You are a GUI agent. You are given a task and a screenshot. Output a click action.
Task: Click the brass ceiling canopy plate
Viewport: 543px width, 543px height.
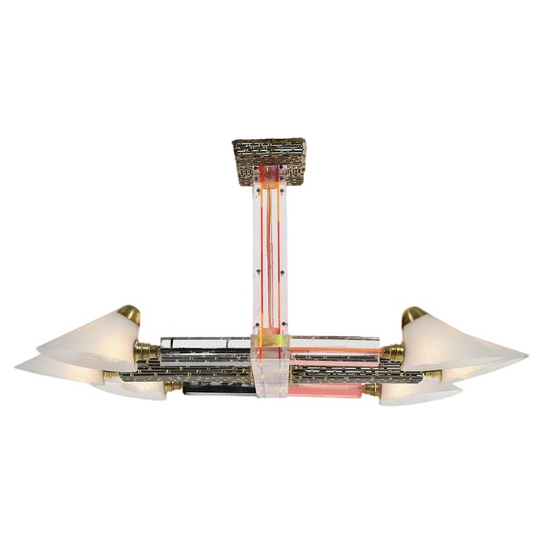[269, 152]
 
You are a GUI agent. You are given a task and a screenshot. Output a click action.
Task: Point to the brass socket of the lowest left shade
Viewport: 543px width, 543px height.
[172, 386]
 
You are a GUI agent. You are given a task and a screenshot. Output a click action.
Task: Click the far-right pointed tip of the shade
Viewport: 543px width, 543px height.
[525, 355]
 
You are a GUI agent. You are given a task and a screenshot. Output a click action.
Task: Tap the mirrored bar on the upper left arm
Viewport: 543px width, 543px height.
[204, 344]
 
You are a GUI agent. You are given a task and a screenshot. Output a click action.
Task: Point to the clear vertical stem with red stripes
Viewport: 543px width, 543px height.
[271, 255]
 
